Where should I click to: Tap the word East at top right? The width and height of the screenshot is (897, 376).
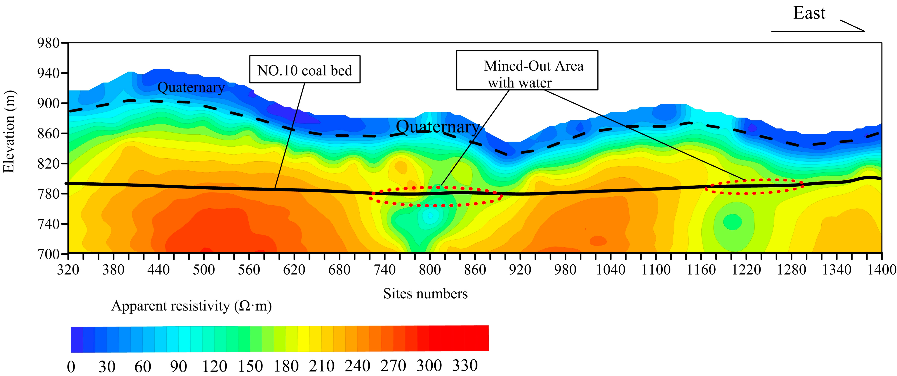tap(809, 13)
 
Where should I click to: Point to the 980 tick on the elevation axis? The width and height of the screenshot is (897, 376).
tap(48, 44)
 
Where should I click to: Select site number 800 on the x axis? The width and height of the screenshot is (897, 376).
tap(430, 270)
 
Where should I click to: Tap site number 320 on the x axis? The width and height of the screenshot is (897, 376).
tap(68, 270)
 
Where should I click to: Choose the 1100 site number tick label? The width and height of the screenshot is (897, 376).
tap(656, 270)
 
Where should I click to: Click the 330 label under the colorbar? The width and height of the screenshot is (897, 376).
tap(465, 366)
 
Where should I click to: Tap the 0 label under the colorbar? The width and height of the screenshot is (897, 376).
tap(71, 367)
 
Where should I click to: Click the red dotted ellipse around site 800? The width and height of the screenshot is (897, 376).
tap(435, 197)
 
